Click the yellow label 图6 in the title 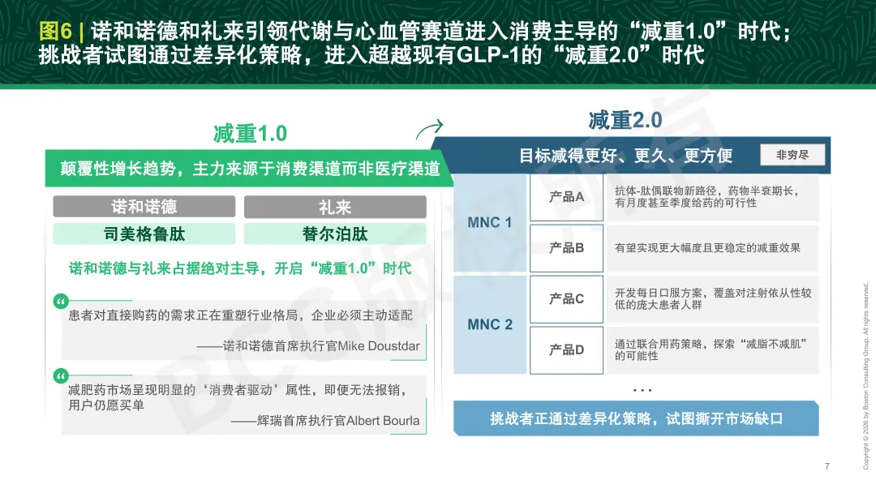[55, 31]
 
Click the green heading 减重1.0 [250, 134]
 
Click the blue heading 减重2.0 [625, 120]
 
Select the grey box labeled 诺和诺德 [144, 207]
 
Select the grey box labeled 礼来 [335, 207]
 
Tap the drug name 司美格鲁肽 [144, 234]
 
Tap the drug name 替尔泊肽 [335, 234]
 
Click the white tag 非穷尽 [792, 155]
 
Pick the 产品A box [566, 197]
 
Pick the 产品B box [566, 248]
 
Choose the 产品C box [566, 298]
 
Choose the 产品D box [566, 350]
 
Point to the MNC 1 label [490, 223]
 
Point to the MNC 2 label [490, 324]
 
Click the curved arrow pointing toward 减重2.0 [429, 129]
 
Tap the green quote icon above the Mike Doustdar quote [61, 302]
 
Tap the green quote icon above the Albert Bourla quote [61, 375]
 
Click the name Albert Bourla [383, 420]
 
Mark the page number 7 [827, 466]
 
